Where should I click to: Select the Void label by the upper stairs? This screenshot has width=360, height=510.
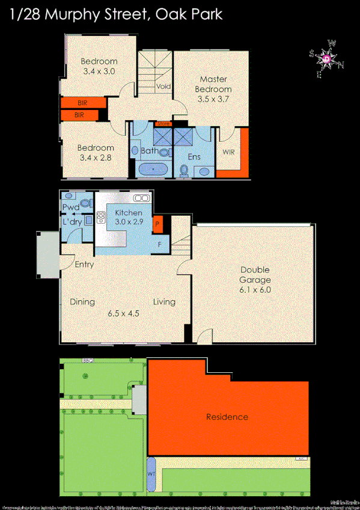coord(163,87)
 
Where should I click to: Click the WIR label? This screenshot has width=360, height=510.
coord(228,152)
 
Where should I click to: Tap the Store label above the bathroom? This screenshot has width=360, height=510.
coord(163,124)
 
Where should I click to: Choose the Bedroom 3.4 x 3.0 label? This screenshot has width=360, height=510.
coord(99,66)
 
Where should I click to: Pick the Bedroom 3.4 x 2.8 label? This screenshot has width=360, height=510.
coord(96,153)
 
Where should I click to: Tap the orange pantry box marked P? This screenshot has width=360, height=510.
coord(157,224)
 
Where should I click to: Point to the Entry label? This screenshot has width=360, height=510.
coord(84,264)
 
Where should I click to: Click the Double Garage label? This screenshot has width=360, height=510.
coord(255,279)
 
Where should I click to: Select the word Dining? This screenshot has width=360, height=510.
coord(82,302)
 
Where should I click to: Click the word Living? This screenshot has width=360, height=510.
coord(163,302)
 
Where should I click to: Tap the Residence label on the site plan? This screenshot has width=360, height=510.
coord(227,417)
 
